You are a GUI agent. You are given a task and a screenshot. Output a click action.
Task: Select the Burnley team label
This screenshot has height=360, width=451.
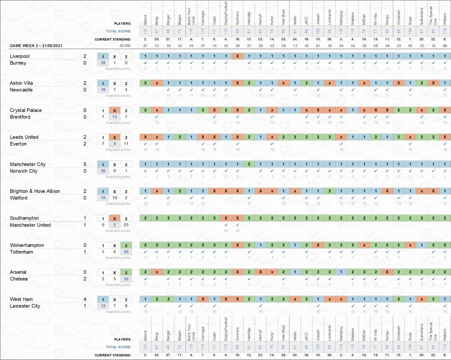coord(18,63)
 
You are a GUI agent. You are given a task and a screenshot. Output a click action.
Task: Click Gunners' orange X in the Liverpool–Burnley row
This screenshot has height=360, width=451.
coord(237,56)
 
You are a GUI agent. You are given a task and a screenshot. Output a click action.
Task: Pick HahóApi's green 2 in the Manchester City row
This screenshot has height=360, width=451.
coord(249,164)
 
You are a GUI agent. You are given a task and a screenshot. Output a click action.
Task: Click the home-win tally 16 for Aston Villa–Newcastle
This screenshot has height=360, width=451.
coord(103,90)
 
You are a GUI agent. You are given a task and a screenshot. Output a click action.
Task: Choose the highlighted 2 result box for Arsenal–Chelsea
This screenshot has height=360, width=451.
coord(126,272)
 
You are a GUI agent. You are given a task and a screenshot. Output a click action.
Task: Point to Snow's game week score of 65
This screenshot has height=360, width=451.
coord(410,45)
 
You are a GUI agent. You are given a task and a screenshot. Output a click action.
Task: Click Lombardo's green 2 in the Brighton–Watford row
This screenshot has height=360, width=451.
coord(329,191)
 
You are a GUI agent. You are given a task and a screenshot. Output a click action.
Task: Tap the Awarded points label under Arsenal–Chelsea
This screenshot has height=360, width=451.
coord(118,285)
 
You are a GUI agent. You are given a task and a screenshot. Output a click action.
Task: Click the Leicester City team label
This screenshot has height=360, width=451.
coord(25,306)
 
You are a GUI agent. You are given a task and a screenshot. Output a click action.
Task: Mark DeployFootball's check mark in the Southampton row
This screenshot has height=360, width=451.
coord(226,225)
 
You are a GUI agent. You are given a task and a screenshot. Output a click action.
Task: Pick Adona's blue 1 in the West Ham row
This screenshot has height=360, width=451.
coord(145,299)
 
